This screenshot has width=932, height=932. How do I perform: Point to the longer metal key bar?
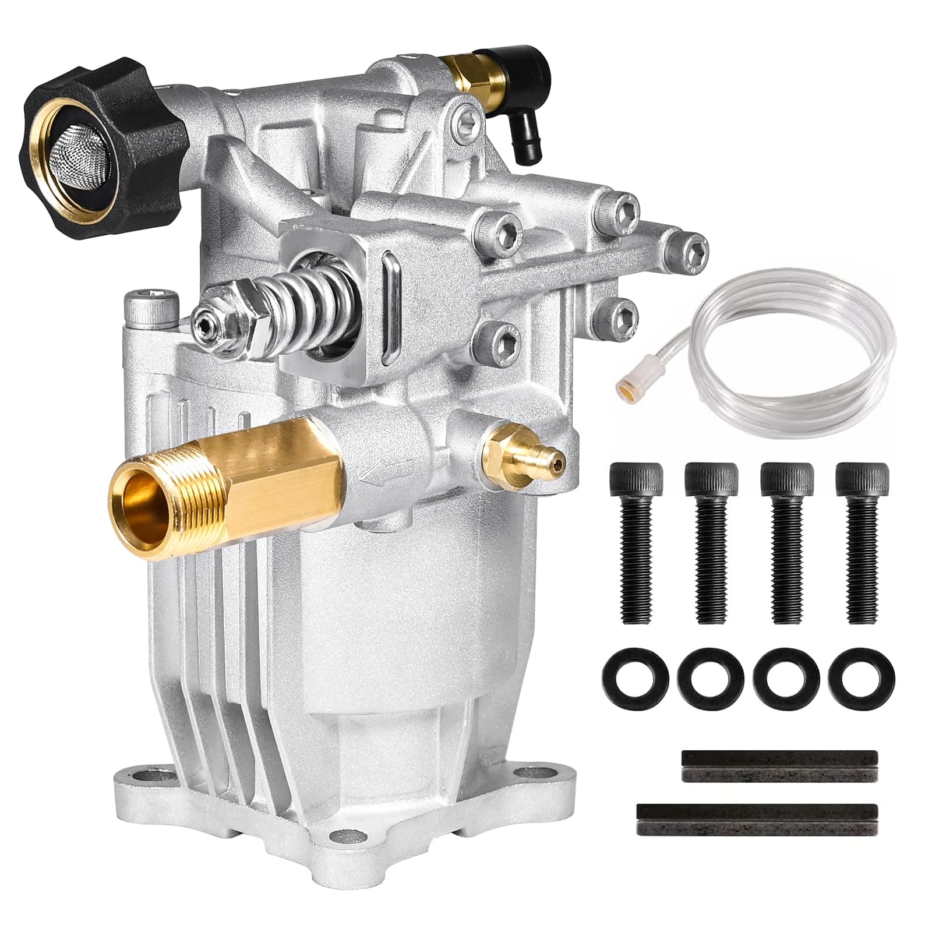(757, 820)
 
